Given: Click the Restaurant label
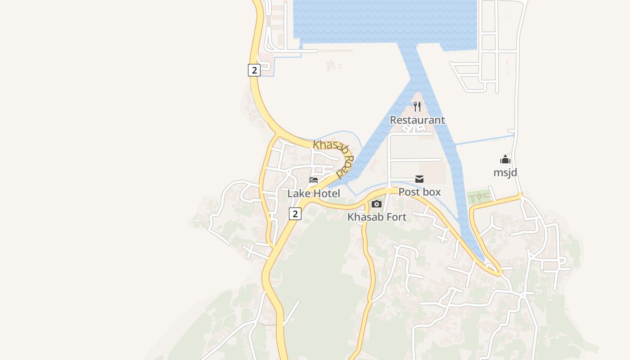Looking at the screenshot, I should coord(417,120).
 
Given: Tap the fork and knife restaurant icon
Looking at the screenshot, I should coord(418,107).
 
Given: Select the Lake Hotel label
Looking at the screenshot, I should coord(314,193).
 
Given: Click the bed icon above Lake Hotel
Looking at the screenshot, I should coord(314,180).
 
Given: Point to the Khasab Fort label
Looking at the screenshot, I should coord(377,217).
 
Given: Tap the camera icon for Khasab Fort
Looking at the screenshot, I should coord(377,204).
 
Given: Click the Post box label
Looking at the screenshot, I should coord(419,192).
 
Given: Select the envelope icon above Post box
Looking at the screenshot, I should coord(419,179).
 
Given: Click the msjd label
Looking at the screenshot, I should coord(505,172).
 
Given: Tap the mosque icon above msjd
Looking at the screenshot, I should coord(505,159).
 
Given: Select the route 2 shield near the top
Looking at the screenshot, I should coord(254,70).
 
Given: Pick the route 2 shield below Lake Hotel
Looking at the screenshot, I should coord(295,214).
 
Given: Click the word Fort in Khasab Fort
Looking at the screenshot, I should coord(396,217).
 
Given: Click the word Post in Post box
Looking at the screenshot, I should coord(409,192).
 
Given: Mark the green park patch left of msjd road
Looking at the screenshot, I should coord(478,197).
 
